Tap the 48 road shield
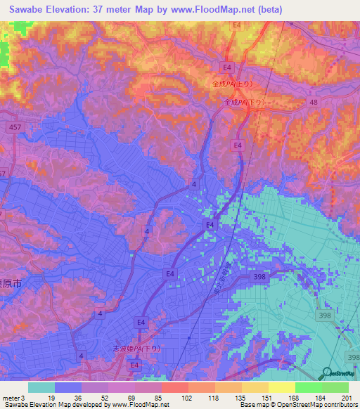314,102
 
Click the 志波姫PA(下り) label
136,349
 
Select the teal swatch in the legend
41,387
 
